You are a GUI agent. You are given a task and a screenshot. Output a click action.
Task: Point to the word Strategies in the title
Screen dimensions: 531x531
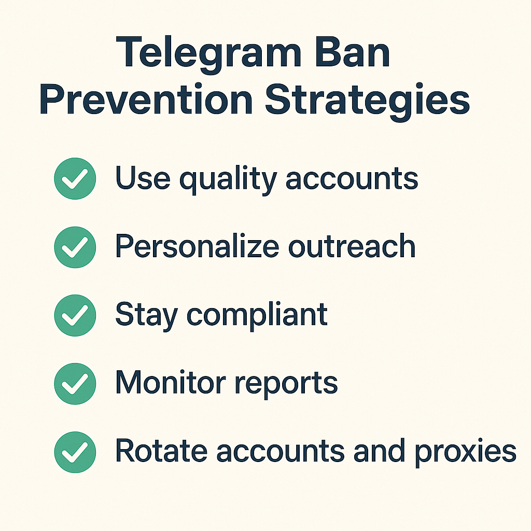[368, 100]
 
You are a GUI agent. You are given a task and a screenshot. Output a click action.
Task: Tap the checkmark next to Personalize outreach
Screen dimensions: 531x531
[75, 247]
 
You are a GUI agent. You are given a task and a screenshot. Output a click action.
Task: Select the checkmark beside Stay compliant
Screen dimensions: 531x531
[75, 315]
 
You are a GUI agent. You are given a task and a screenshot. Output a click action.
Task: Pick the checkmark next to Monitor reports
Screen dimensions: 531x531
[75, 383]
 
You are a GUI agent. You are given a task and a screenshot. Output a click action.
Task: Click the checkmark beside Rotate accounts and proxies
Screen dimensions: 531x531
[75, 452]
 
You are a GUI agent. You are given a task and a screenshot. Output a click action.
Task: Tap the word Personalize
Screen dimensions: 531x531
[197, 247]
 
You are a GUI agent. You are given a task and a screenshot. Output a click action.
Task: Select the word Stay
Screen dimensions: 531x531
[145, 315]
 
